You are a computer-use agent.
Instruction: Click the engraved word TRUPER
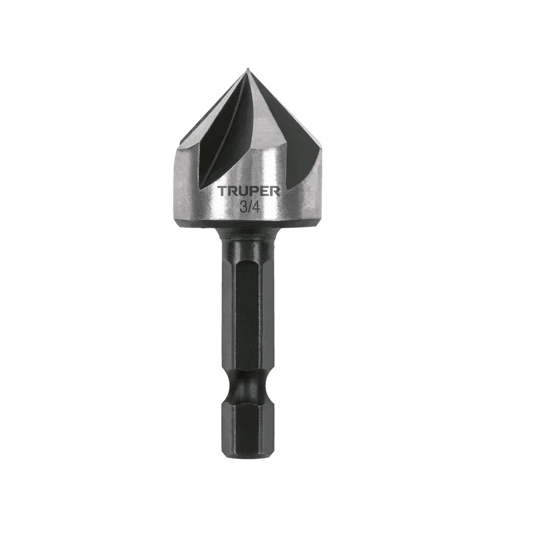pyautogui.click(x=249, y=192)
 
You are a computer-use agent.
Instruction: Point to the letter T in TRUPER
pyautogui.click(x=222, y=192)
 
